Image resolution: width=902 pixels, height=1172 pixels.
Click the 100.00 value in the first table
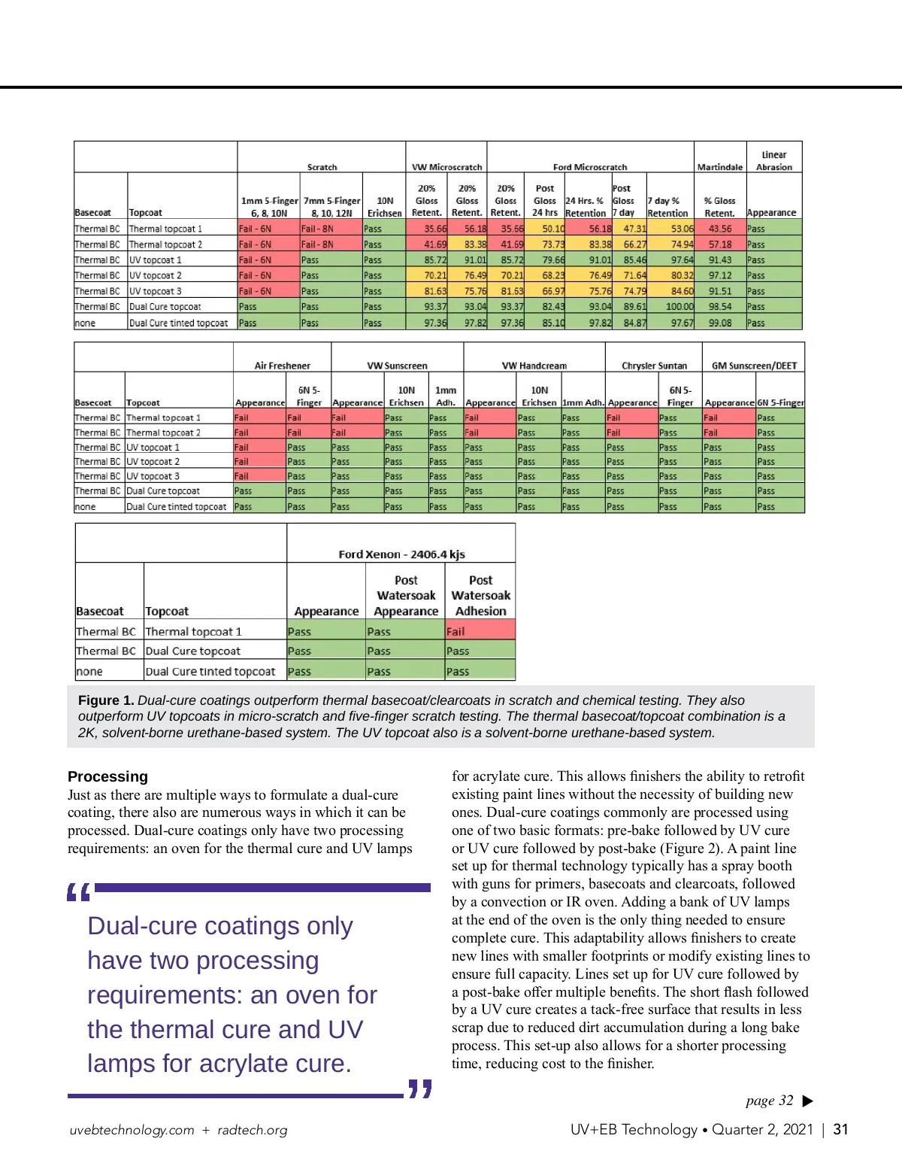pyautogui.click(x=680, y=307)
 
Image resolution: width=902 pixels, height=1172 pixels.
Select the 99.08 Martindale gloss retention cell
pyautogui.click(x=719, y=323)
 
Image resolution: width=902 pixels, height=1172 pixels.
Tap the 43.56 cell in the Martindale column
pyautogui.click(x=719, y=229)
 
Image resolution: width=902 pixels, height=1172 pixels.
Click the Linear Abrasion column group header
pyautogui.click(x=773, y=161)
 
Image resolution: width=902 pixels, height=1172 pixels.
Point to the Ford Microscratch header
pyautogui.click(x=589, y=167)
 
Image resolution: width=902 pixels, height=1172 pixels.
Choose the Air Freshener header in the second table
pyautogui.click(x=282, y=366)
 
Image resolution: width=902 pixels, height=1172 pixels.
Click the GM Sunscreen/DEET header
pyautogui.click(x=754, y=366)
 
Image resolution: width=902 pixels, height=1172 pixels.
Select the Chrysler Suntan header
pyautogui.click(x=654, y=366)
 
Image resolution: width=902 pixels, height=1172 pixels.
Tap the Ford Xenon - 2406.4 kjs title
pyautogui.click(x=401, y=554)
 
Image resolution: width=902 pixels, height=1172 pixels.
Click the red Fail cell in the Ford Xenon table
pyautogui.click(x=480, y=631)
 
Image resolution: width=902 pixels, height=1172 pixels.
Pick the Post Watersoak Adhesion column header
pyautogui.click(x=480, y=595)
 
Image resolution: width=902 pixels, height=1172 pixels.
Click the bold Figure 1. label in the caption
pyautogui.click(x=106, y=700)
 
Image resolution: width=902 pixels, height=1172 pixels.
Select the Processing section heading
pyautogui.click(x=107, y=776)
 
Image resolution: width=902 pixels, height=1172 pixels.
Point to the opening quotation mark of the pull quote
pyautogui.click(x=78, y=892)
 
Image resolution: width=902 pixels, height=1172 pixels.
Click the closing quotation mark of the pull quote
pyautogui.click(x=420, y=1089)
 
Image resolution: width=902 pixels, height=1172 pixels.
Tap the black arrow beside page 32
pyautogui.click(x=808, y=1101)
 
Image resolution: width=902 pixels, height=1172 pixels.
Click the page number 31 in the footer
pyautogui.click(x=840, y=1129)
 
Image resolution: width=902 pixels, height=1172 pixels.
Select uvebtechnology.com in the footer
pyautogui.click(x=132, y=1130)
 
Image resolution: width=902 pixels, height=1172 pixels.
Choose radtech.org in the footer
pyautogui.click(x=253, y=1130)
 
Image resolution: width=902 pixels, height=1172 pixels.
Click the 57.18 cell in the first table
pyautogui.click(x=719, y=244)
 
